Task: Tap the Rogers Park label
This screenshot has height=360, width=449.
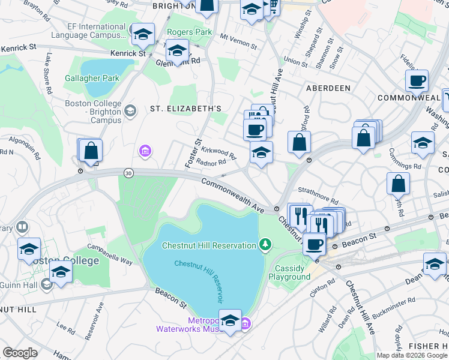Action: [x=189, y=32]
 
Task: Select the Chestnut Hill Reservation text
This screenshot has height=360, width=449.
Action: [x=209, y=245]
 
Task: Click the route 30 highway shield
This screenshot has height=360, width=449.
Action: [x=128, y=173]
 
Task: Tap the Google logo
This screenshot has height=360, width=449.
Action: [x=20, y=353]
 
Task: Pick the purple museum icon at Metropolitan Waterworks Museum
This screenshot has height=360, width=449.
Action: [x=245, y=325]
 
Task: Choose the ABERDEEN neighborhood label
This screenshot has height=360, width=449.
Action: [x=328, y=88]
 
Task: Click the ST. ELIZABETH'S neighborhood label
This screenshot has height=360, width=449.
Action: [x=185, y=109]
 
